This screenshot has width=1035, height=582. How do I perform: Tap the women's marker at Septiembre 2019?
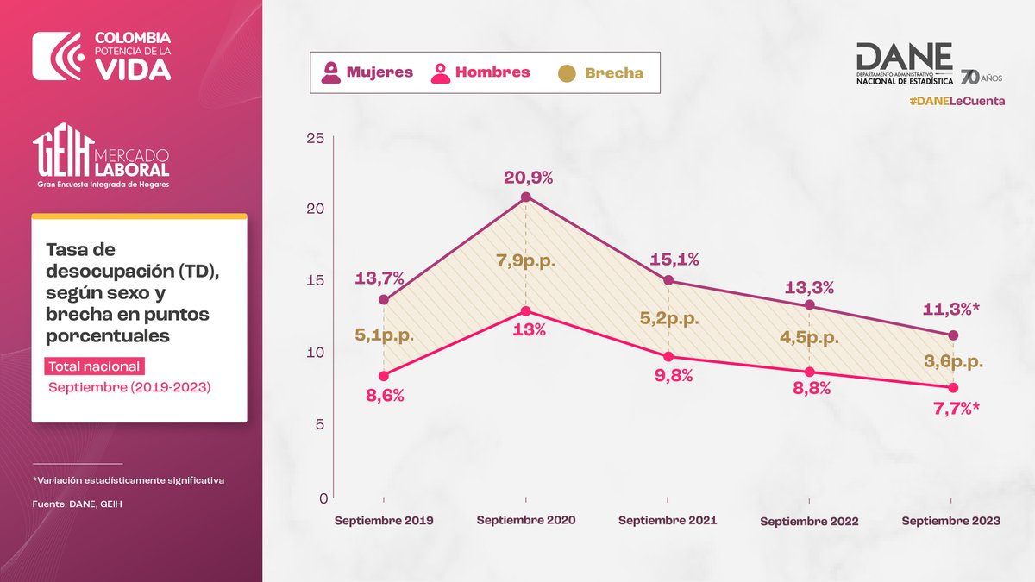(x=384, y=300)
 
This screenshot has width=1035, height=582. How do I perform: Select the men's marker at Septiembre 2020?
(x=525, y=311)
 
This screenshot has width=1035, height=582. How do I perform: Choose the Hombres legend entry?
(x=480, y=72)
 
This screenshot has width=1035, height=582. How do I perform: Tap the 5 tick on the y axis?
(x=320, y=424)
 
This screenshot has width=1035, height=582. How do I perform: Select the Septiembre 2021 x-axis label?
(x=667, y=521)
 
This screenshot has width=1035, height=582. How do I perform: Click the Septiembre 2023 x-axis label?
(x=950, y=521)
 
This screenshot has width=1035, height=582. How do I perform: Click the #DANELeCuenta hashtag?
(x=957, y=102)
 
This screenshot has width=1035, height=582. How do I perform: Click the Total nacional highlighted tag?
(x=94, y=366)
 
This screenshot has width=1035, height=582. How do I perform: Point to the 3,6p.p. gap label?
(x=952, y=363)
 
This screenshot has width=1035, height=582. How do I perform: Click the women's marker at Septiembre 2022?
(x=809, y=305)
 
